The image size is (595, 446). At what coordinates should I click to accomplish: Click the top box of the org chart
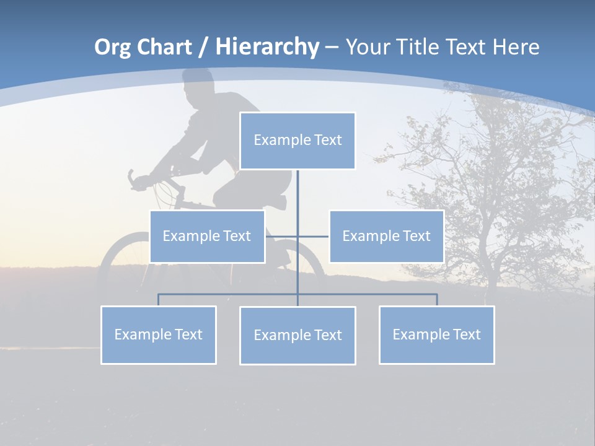[x=297, y=141]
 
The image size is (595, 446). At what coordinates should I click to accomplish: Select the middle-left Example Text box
[x=207, y=236]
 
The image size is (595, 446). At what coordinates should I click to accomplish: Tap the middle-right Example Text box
[x=386, y=236]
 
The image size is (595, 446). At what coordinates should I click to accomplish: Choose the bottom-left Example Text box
[x=159, y=334]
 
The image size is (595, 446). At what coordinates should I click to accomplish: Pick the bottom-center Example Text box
[x=297, y=335]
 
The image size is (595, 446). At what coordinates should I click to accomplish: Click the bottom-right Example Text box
[x=436, y=334]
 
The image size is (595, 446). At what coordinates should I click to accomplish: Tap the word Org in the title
[x=112, y=47]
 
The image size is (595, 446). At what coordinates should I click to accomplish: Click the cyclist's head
[x=198, y=87]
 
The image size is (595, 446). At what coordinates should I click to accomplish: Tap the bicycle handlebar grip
[x=132, y=178]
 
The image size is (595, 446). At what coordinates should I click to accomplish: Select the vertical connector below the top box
[x=297, y=192]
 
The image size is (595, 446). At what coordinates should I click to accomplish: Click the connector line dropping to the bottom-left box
[x=159, y=300]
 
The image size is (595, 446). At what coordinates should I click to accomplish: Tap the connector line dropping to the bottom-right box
[x=436, y=300]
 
